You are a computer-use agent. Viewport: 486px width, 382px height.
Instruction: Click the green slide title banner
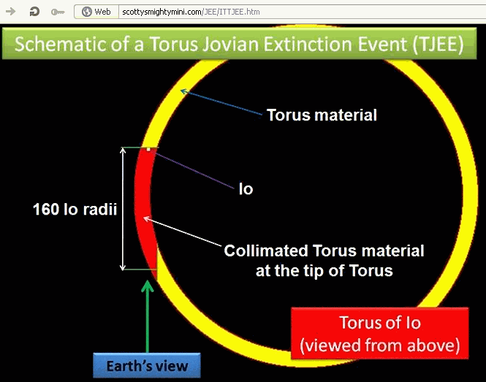[239, 43]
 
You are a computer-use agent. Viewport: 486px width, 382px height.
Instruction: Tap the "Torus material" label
[322, 115]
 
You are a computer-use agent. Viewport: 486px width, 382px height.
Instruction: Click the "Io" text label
[246, 189]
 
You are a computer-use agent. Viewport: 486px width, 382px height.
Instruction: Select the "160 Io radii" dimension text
[75, 209]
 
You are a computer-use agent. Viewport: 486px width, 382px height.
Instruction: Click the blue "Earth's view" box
[147, 366]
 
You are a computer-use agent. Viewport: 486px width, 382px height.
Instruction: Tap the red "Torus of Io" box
[380, 334]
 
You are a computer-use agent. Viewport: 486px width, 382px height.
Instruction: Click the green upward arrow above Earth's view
[147, 316]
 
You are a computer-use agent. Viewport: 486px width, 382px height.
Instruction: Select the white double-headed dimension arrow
[123, 209]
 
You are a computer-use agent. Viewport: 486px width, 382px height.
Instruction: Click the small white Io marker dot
[148, 149]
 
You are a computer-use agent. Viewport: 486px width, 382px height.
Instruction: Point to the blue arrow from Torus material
[221, 102]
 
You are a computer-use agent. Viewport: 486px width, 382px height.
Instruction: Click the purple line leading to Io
[194, 170]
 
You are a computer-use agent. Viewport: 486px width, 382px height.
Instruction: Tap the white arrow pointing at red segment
[183, 232]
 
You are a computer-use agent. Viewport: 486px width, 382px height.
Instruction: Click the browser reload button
[34, 12]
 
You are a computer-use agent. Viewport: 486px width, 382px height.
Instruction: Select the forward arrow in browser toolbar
[11, 12]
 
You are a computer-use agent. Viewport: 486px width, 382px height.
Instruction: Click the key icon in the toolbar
[58, 12]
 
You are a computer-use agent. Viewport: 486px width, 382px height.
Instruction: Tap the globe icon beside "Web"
[87, 12]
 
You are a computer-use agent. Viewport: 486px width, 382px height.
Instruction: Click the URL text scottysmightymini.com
[162, 12]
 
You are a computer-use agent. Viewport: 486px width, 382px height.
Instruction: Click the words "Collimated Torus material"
[324, 251]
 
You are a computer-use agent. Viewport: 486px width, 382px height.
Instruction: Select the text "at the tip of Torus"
[324, 270]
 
